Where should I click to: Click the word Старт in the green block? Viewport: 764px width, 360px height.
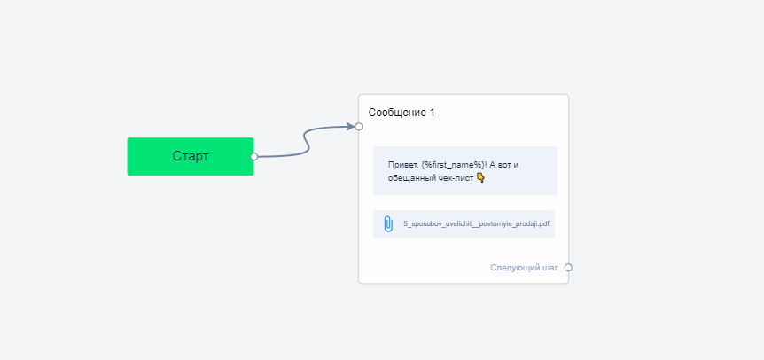(x=191, y=156)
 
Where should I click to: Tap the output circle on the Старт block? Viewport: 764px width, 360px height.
(x=253, y=156)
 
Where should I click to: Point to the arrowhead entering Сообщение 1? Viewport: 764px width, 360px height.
(x=351, y=127)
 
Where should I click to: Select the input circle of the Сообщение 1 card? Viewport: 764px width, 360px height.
(x=359, y=127)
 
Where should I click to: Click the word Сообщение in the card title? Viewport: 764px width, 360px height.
(x=396, y=113)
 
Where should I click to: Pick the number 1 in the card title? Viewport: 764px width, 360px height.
(x=432, y=113)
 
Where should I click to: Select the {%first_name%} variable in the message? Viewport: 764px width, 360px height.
(x=453, y=165)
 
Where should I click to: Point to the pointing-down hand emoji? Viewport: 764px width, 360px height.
(x=480, y=178)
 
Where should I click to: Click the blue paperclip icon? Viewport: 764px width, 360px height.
(x=388, y=224)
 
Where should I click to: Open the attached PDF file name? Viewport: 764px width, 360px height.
(x=476, y=224)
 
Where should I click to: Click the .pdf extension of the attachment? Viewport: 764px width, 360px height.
(x=543, y=224)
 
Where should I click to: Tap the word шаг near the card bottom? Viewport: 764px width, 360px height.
(x=550, y=268)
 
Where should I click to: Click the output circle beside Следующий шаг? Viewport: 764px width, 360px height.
(x=568, y=268)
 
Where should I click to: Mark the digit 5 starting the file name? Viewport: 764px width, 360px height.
(x=405, y=224)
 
